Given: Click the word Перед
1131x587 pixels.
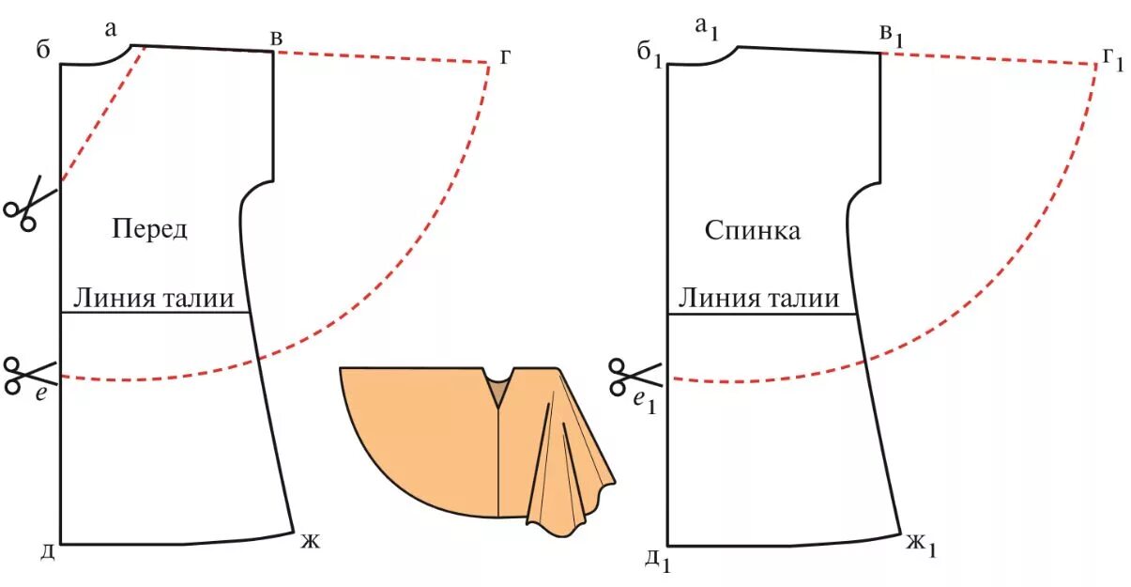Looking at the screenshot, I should coord(149,229).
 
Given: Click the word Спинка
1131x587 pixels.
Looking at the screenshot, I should coord(753,230).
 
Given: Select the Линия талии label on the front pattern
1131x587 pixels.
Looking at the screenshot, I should coord(154,298).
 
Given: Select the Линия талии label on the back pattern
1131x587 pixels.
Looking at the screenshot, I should coord(758,298).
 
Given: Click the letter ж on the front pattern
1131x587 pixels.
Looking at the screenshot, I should coord(311,541).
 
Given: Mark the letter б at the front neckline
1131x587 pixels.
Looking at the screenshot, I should coord(42,50).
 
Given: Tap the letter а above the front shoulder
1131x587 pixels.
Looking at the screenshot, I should coord(111,29).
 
